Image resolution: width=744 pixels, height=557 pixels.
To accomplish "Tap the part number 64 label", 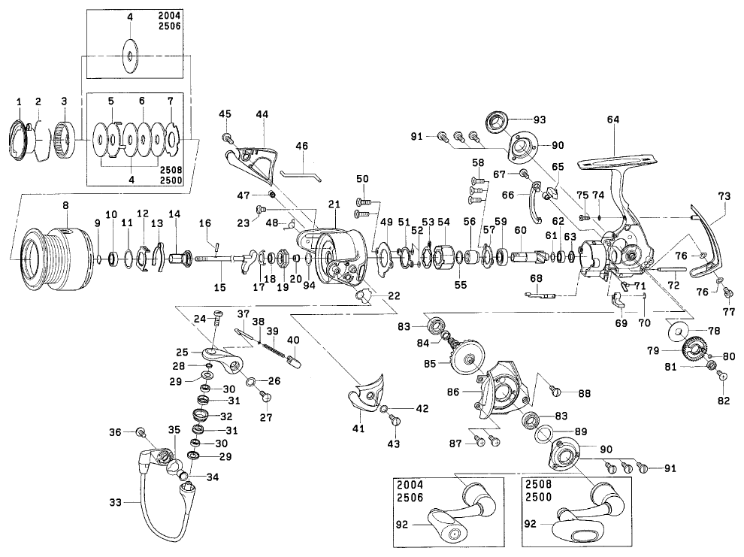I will click(612, 118).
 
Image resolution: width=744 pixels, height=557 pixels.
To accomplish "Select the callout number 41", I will click(358, 429).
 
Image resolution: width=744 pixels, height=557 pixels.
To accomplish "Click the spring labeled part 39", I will click(275, 348).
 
